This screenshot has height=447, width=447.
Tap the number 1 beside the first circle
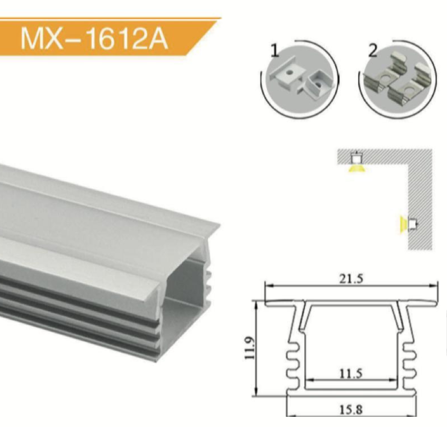[x=275, y=50]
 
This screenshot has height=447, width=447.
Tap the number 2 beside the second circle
[x=372, y=50]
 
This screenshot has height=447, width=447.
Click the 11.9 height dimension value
[x=249, y=348]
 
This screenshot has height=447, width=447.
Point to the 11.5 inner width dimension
[x=351, y=374]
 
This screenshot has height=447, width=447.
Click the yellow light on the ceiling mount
[x=356, y=168]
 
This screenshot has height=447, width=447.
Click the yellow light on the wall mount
[x=402, y=224]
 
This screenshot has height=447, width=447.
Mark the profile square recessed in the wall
[x=412, y=224]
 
